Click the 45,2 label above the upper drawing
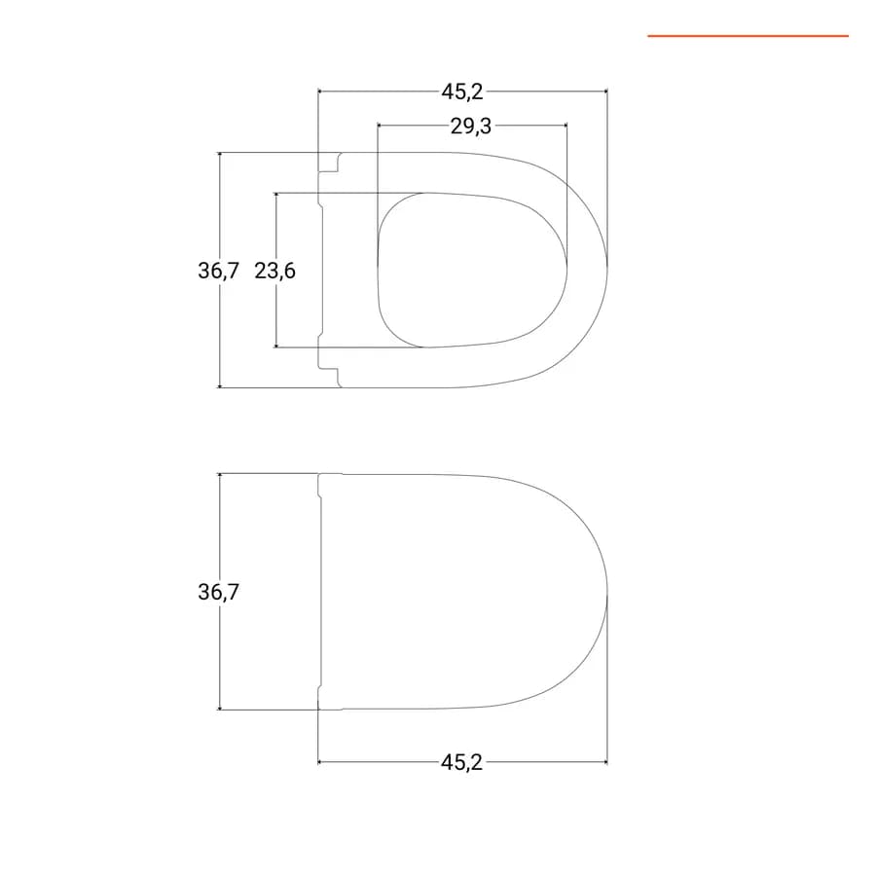[462, 91]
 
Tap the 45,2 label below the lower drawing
[461, 762]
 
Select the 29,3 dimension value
[471, 127]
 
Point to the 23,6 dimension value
[274, 271]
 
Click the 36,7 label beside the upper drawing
[218, 271]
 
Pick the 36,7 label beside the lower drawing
[218, 592]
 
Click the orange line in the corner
[748, 36]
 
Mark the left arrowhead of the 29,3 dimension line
[381, 126]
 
